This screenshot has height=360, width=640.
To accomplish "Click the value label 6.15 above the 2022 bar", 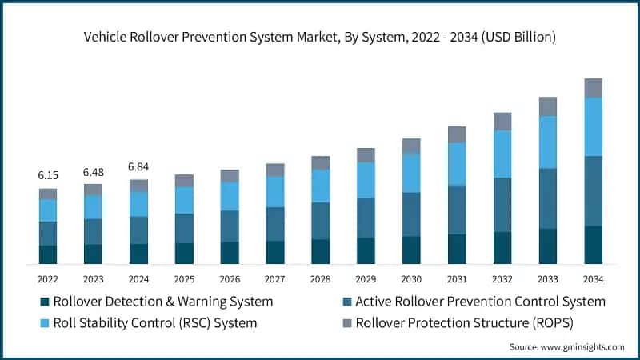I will point(48,174).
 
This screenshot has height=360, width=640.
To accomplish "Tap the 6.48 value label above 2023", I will point(94,171).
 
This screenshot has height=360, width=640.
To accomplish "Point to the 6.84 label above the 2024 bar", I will point(139,166).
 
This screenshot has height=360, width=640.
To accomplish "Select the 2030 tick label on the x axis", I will point(411,279).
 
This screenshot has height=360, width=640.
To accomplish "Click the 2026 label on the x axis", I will point(230,279).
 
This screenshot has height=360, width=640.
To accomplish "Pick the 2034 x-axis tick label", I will point(593,279).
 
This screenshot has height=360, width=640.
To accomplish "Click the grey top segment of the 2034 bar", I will point(593,88).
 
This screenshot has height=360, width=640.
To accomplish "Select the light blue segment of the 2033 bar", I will point(547,142).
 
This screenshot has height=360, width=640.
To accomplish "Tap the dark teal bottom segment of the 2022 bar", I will point(48,254).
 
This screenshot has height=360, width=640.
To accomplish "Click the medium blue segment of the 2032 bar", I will point(502,205).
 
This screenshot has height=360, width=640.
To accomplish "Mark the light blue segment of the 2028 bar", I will point(321,186).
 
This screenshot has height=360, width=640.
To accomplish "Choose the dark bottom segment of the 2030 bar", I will point(411,250).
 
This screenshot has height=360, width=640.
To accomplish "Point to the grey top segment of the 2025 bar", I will point(184,181).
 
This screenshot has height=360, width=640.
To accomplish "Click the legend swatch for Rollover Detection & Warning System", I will point(45,302).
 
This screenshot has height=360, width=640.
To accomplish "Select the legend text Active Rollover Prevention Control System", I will point(480,302).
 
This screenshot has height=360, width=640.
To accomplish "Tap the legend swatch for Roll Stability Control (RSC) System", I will point(45,323).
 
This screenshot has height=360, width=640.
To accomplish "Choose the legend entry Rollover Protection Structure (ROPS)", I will point(465,323).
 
